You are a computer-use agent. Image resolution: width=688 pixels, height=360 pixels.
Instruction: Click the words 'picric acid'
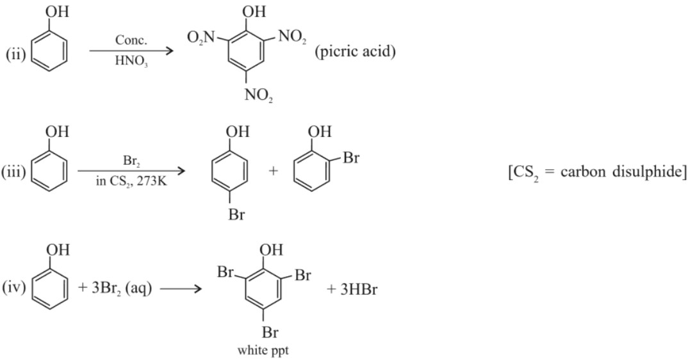(355, 51)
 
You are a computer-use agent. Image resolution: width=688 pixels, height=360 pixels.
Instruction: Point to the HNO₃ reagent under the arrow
(131, 63)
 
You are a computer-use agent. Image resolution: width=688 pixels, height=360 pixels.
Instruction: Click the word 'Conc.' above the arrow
(131, 40)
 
